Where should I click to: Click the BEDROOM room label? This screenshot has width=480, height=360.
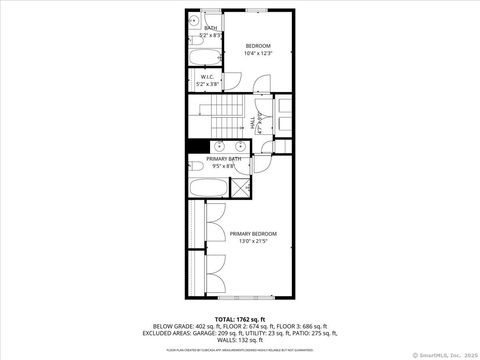tap(258, 45)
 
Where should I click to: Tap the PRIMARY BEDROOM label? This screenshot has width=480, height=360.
tap(253, 233)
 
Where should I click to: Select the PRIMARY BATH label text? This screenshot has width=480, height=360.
tap(223, 159)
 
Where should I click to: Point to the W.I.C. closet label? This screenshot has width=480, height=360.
tap(207, 76)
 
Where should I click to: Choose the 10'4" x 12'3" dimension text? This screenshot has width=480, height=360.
tap(258, 53)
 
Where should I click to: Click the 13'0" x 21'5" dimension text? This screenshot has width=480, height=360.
tap(253, 241)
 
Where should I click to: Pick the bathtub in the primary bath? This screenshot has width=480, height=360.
tap(209, 186)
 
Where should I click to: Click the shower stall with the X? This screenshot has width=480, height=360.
tap(242, 187)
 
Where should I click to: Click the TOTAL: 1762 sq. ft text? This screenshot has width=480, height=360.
tap(239, 318)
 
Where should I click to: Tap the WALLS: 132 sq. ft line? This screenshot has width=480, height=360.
tap(239, 339)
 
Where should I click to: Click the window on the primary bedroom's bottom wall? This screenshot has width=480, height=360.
tap(245, 298)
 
